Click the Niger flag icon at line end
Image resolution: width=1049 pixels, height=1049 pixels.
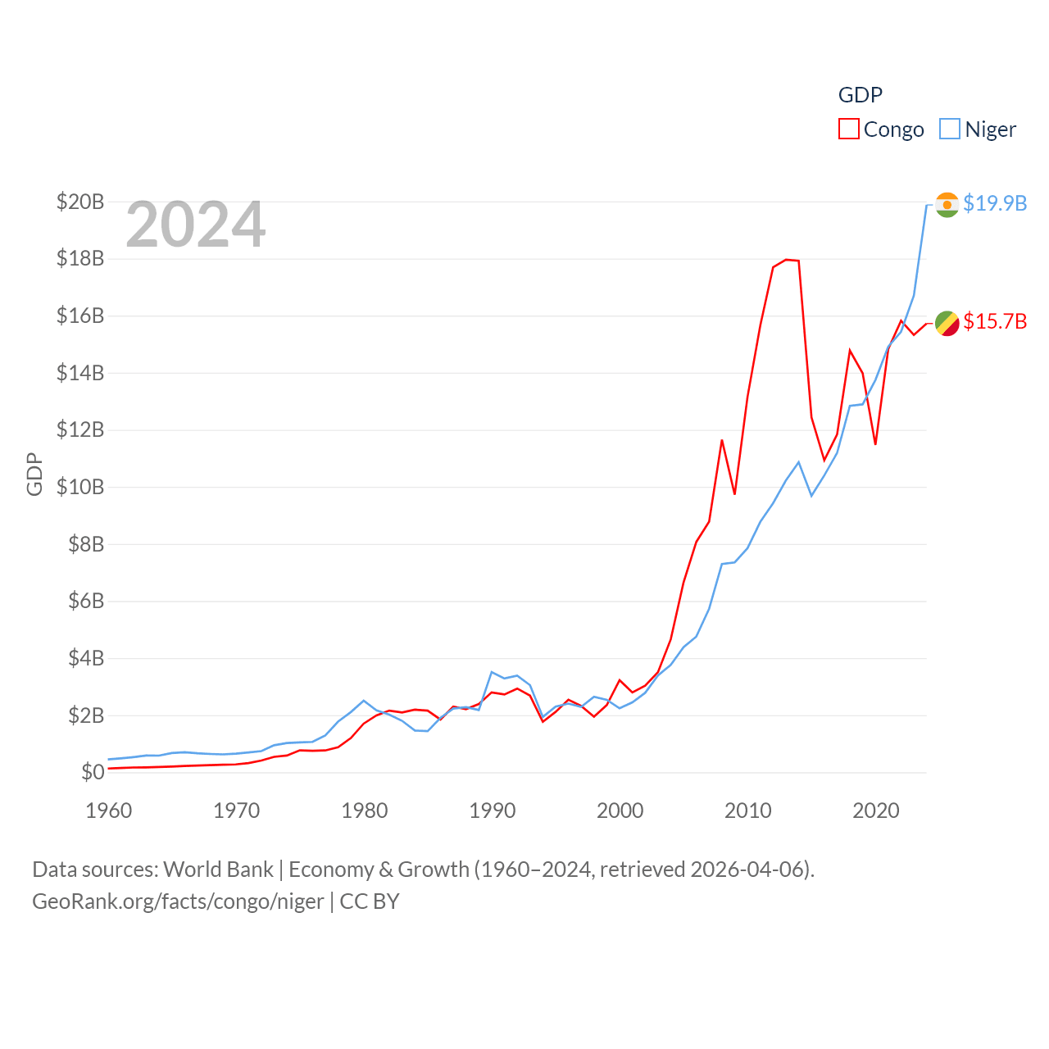point(947,204)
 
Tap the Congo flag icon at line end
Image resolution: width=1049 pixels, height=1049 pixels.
point(947,323)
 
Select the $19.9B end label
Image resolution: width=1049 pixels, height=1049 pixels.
point(995,203)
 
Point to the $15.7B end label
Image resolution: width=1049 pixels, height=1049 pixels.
point(995,321)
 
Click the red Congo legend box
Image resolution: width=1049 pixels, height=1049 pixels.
point(849,129)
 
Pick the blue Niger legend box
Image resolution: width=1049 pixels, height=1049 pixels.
point(950,129)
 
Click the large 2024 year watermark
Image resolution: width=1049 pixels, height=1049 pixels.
point(195,224)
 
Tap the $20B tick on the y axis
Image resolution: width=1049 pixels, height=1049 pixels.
point(80,202)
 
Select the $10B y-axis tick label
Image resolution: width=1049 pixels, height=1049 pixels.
point(80,487)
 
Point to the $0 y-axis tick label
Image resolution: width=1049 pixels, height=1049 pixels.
point(93,772)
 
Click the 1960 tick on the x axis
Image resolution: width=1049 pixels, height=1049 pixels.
point(109,811)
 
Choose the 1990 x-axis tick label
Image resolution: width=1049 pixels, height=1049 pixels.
point(493,811)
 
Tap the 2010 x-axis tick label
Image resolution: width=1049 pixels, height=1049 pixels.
point(748,811)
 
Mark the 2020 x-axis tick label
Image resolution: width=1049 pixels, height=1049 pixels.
point(876,811)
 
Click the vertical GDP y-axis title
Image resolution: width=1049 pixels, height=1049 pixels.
point(34,474)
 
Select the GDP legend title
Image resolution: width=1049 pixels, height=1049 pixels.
point(860,95)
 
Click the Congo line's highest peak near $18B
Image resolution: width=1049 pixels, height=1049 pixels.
point(787,260)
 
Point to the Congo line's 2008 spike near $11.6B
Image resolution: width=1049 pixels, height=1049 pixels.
point(722,440)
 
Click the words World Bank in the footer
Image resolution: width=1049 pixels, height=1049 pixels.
point(219,870)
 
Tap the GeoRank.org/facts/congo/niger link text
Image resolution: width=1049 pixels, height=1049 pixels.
point(178,901)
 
